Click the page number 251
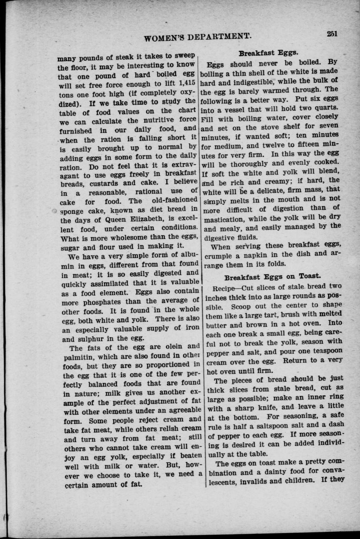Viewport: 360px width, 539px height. (x=332, y=34)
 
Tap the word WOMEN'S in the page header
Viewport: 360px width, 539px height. (x=165, y=38)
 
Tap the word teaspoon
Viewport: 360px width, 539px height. (x=327, y=351)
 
